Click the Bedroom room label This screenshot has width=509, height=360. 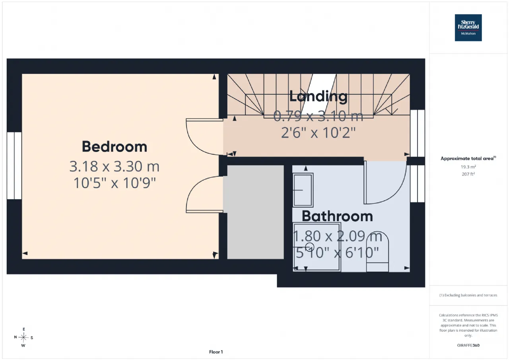[x=115, y=147]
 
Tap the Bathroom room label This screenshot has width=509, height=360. [x=337, y=216]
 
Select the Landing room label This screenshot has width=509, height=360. [x=319, y=96]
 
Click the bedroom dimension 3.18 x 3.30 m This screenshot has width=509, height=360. [x=114, y=166]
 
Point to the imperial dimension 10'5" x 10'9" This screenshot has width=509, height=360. [x=115, y=183]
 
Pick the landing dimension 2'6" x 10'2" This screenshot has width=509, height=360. [x=318, y=132]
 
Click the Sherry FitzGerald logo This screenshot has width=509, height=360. [x=468, y=28]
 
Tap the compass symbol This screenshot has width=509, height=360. [x=23, y=337]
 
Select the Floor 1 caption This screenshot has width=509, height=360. [x=216, y=352]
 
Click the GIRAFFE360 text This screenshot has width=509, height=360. [x=468, y=345]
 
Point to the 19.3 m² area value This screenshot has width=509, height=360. [x=468, y=167]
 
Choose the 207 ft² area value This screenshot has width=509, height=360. [x=468, y=174]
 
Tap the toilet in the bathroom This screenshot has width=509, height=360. [x=377, y=251]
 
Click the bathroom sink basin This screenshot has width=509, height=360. [x=303, y=190]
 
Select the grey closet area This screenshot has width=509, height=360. [x=255, y=212]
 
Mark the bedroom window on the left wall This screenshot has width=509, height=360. [x=14, y=166]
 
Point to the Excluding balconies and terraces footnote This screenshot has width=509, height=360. [x=468, y=295]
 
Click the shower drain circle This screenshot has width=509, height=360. [x=310, y=247]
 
